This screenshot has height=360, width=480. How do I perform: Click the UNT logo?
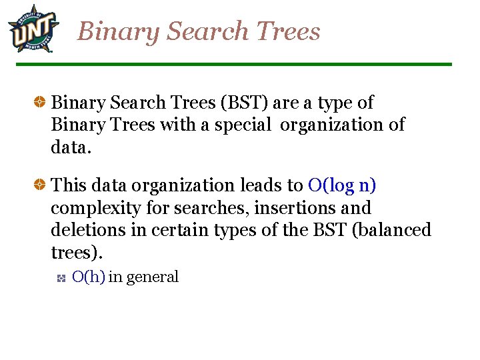coord(33,29)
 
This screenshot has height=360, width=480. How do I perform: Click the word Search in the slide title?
coord(207,31)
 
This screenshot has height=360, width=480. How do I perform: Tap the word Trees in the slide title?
coord(287,31)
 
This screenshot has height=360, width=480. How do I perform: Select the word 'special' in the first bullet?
coord(243,125)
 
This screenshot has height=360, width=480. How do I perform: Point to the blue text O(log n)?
coord(343,185)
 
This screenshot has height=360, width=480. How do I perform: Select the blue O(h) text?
coord(88,277)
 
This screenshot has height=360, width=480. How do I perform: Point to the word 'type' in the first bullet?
coord(337,104)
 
